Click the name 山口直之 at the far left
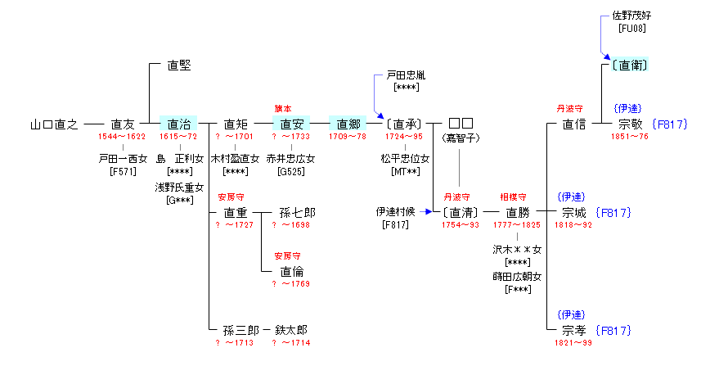54,124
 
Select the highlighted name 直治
178,124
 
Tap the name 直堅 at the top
178,66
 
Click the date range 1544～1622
122,137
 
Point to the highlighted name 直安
292,124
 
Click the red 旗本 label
283,108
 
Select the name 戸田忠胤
406,75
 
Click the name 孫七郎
297,212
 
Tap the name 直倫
292,271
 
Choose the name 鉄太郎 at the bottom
292,330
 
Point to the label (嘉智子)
461,138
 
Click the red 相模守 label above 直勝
513,197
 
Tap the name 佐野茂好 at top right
632,16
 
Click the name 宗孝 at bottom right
574,330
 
